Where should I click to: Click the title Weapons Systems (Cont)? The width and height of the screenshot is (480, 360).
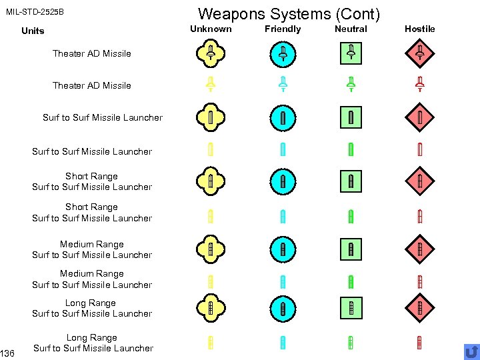click(x=289, y=13)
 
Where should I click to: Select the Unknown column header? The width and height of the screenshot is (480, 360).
click(x=211, y=29)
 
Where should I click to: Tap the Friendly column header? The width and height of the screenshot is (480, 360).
click(x=283, y=29)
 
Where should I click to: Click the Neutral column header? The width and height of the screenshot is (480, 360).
click(x=351, y=29)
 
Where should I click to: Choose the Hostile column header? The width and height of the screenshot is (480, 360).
click(x=419, y=29)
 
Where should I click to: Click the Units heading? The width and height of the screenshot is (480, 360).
click(x=33, y=31)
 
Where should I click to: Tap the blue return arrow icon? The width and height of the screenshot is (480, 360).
click(x=471, y=351)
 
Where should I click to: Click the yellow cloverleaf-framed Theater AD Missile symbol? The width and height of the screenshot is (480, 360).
click(x=210, y=53)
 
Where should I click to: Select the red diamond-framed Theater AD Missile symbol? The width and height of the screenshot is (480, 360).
click(x=420, y=53)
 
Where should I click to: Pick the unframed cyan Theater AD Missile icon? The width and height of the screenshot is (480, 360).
click(x=283, y=85)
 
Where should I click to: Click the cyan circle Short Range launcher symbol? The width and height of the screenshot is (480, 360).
click(x=283, y=181)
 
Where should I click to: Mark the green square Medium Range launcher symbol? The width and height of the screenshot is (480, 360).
click(x=351, y=250)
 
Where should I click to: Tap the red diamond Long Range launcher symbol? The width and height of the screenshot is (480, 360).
click(x=420, y=308)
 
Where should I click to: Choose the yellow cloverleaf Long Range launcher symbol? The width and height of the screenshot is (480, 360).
click(x=210, y=308)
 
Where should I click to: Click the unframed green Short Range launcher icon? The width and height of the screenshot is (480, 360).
click(x=351, y=216)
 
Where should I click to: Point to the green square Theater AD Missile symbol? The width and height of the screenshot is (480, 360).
click(x=351, y=53)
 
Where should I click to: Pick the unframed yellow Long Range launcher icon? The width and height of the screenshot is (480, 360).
click(x=210, y=343)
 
